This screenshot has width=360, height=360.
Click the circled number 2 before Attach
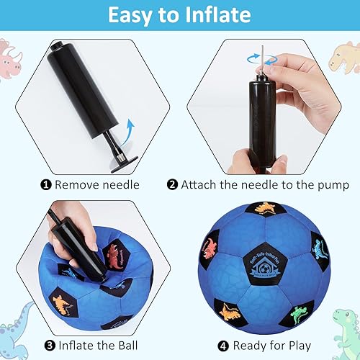pyautogui.click(x=172, y=185)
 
